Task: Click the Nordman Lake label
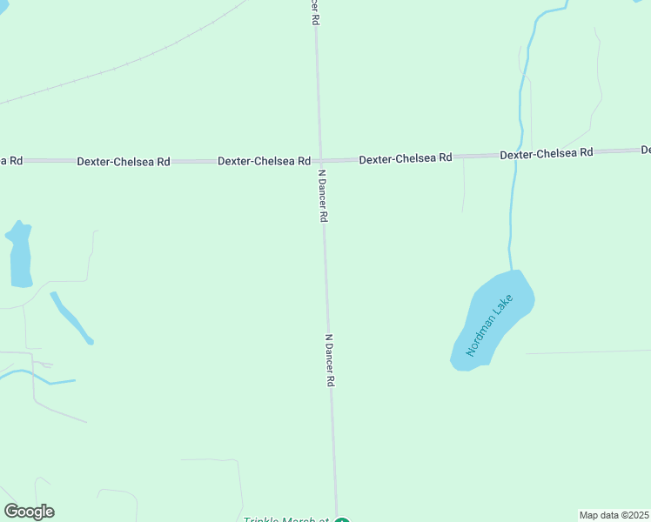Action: click(489, 325)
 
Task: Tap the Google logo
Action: click(30, 512)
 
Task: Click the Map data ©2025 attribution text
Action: click(614, 515)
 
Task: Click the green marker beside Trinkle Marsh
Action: click(342, 519)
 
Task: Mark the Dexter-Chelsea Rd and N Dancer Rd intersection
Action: click(320, 161)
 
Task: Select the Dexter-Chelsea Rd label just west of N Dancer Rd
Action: click(264, 161)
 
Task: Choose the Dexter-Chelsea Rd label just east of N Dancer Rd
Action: click(406, 158)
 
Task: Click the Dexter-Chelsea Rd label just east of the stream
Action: click(546, 153)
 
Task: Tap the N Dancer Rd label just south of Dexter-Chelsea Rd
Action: click(322, 196)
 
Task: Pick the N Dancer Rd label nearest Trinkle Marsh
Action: click(330, 360)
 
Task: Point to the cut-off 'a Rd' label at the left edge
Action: click(11, 161)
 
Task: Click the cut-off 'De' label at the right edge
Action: click(646, 150)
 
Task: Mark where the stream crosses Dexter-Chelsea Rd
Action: click(514, 155)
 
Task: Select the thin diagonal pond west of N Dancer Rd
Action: click(71, 318)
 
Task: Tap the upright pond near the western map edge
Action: click(20, 254)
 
